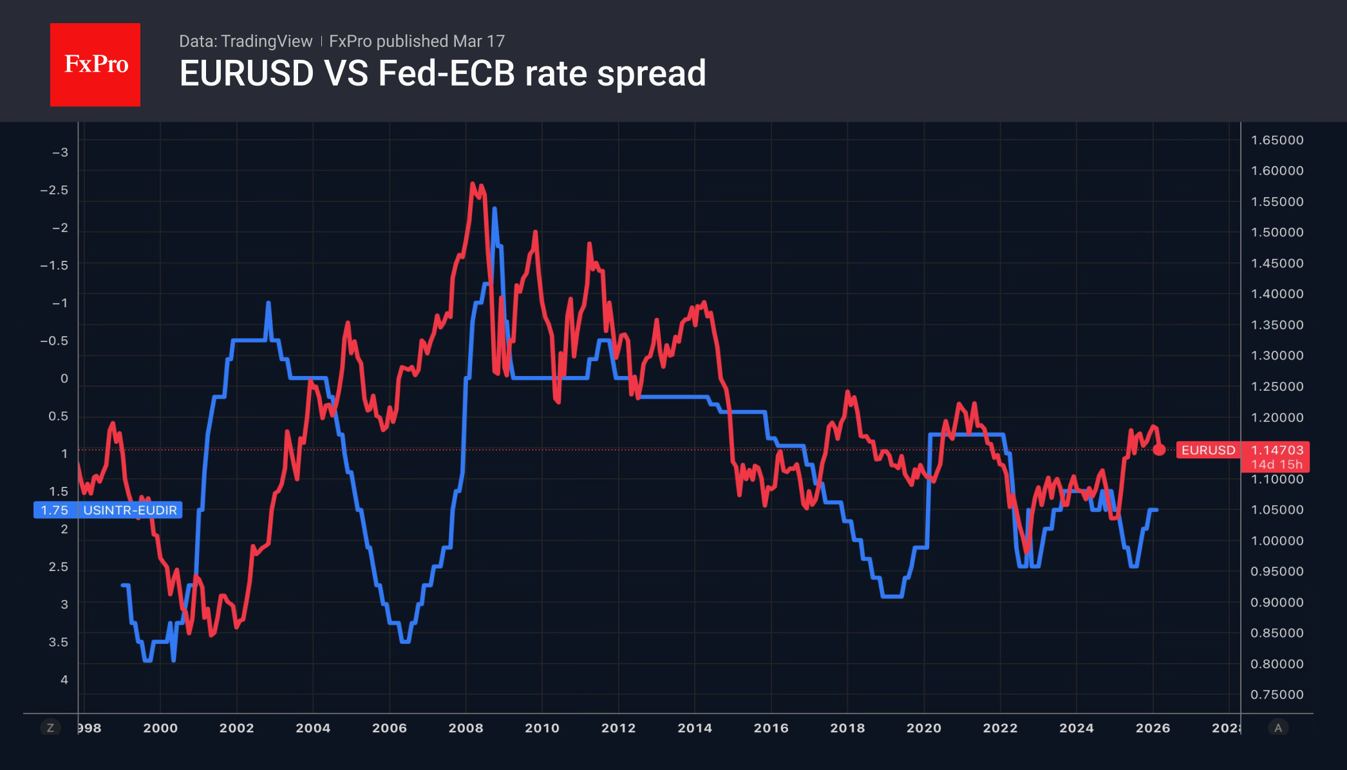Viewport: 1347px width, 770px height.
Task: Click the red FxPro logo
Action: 95,64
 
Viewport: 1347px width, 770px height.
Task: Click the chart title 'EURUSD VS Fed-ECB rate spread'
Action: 442,73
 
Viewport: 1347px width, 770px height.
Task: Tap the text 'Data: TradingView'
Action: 245,41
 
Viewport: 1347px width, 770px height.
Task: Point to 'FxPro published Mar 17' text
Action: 417,41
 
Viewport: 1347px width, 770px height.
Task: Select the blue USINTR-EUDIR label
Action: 108,510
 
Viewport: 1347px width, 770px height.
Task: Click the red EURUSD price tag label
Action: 1208,450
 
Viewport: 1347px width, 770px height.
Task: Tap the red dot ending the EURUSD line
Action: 1159,450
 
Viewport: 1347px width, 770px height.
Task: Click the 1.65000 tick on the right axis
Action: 1277,140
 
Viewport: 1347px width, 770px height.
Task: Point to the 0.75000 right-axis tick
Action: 1277,695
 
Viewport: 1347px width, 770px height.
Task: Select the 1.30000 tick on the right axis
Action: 1277,355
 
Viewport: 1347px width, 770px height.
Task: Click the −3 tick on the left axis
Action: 60,153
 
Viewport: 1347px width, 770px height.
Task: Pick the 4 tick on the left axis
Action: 64,680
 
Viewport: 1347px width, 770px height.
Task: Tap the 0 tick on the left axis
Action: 64,379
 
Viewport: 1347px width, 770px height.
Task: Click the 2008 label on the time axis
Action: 466,728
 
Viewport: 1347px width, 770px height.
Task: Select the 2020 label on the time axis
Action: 923,728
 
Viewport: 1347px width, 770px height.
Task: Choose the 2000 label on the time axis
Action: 160,728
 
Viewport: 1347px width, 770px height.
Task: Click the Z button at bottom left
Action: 50,728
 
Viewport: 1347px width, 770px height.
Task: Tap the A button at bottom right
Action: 1278,728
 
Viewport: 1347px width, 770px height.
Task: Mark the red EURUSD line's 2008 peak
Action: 473,184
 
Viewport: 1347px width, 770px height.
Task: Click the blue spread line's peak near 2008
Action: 495,209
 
